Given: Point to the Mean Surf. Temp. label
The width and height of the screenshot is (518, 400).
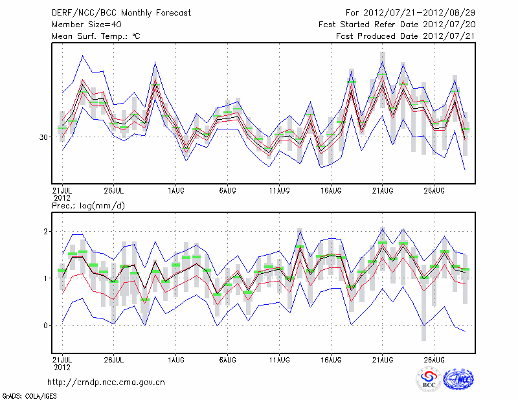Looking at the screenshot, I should pos(96,36).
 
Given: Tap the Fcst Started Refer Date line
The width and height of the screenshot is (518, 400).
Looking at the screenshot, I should pos(397,24).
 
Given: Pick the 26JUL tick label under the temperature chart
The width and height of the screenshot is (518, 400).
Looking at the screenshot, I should pos(114,190).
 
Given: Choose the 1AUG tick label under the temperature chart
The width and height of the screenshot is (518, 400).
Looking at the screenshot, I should pos(175,190).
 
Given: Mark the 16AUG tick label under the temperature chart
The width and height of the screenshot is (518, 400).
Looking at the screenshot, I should pos(331,190).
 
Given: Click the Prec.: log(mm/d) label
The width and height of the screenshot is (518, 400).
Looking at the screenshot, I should pos(87,205).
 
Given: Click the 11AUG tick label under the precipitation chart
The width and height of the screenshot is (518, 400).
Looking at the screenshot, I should pos(279,359).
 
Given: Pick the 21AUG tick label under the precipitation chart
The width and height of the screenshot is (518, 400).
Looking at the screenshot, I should pos(383,359).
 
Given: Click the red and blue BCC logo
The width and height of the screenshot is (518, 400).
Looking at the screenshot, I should pos(428,380).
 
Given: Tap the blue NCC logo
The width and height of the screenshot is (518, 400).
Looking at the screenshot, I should pos(457,380).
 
